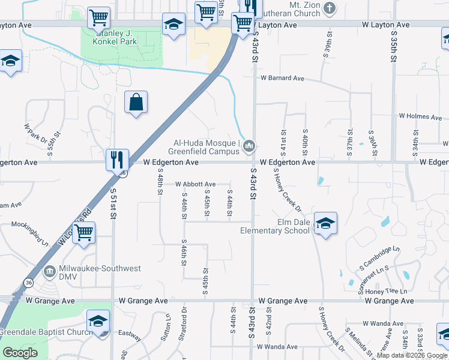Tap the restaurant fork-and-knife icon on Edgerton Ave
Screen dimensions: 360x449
coord(116,160)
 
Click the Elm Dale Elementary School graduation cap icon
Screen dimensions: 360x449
coord(325,224)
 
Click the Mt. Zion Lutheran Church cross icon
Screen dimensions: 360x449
coord(329,8)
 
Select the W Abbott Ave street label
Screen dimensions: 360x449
coord(196,184)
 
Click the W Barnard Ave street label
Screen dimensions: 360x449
coord(282,79)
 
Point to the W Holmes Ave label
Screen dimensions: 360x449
coord(420,116)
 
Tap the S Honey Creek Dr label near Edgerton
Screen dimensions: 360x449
coord(287,189)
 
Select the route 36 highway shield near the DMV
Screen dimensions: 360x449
coord(28,282)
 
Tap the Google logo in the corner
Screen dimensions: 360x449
coord(20,353)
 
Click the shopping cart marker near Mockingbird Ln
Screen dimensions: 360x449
coord(84,232)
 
